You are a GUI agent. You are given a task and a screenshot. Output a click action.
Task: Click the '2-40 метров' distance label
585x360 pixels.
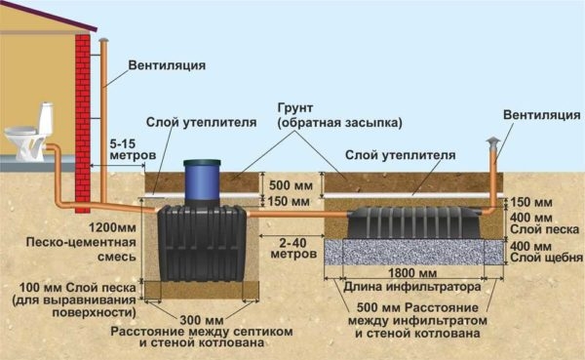(295, 250)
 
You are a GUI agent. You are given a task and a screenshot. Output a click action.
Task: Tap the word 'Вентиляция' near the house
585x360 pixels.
(167, 66)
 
